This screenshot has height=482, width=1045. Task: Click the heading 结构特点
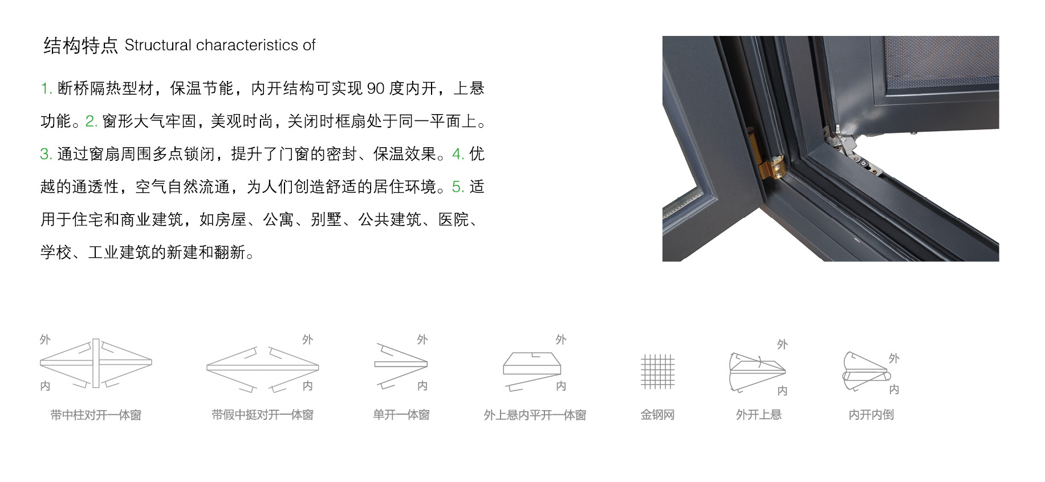pos(80,46)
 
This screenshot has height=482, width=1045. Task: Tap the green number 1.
pos(46,88)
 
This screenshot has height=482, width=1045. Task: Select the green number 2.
pos(91,121)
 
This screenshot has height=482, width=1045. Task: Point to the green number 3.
pos(46,154)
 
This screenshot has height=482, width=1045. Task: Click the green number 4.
pos(458,154)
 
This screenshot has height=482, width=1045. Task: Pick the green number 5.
pos(458,187)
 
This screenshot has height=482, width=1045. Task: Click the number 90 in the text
pos(376,88)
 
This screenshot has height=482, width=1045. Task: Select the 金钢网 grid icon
pos(657,371)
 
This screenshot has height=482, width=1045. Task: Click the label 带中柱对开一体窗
pos(96,415)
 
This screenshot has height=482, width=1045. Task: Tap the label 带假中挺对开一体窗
pos(262,415)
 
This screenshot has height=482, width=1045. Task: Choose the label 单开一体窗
pos(401,415)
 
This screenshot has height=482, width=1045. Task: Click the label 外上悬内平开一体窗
pos(535,415)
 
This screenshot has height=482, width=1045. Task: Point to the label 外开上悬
pos(758,415)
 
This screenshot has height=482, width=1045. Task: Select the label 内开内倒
pos(871,415)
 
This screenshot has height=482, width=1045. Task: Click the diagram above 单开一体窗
pos(401,365)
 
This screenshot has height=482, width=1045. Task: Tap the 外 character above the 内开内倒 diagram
pos(893,358)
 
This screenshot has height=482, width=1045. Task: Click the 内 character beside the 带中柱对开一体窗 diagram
pos(45,386)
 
